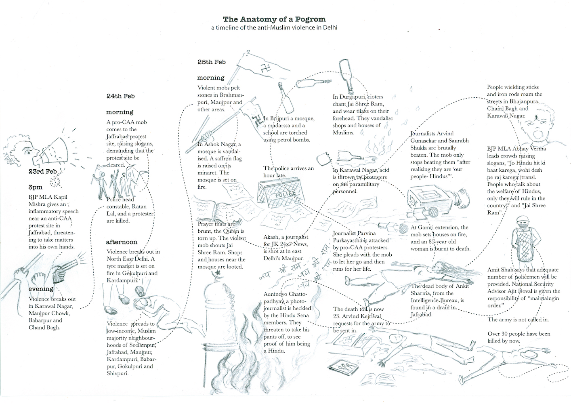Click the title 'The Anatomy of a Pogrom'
pos(274,19)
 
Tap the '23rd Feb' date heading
pos(42,171)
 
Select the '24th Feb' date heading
pos(120,96)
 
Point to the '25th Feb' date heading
pos(211,62)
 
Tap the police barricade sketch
pos(284,196)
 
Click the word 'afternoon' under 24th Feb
pos(122,242)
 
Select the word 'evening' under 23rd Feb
pos(41,289)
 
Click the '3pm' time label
pos(35,187)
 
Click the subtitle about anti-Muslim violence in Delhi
pos(274,28)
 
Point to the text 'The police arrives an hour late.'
pos(288,172)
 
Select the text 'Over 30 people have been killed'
pos(519,337)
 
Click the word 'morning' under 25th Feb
pos(211,78)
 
